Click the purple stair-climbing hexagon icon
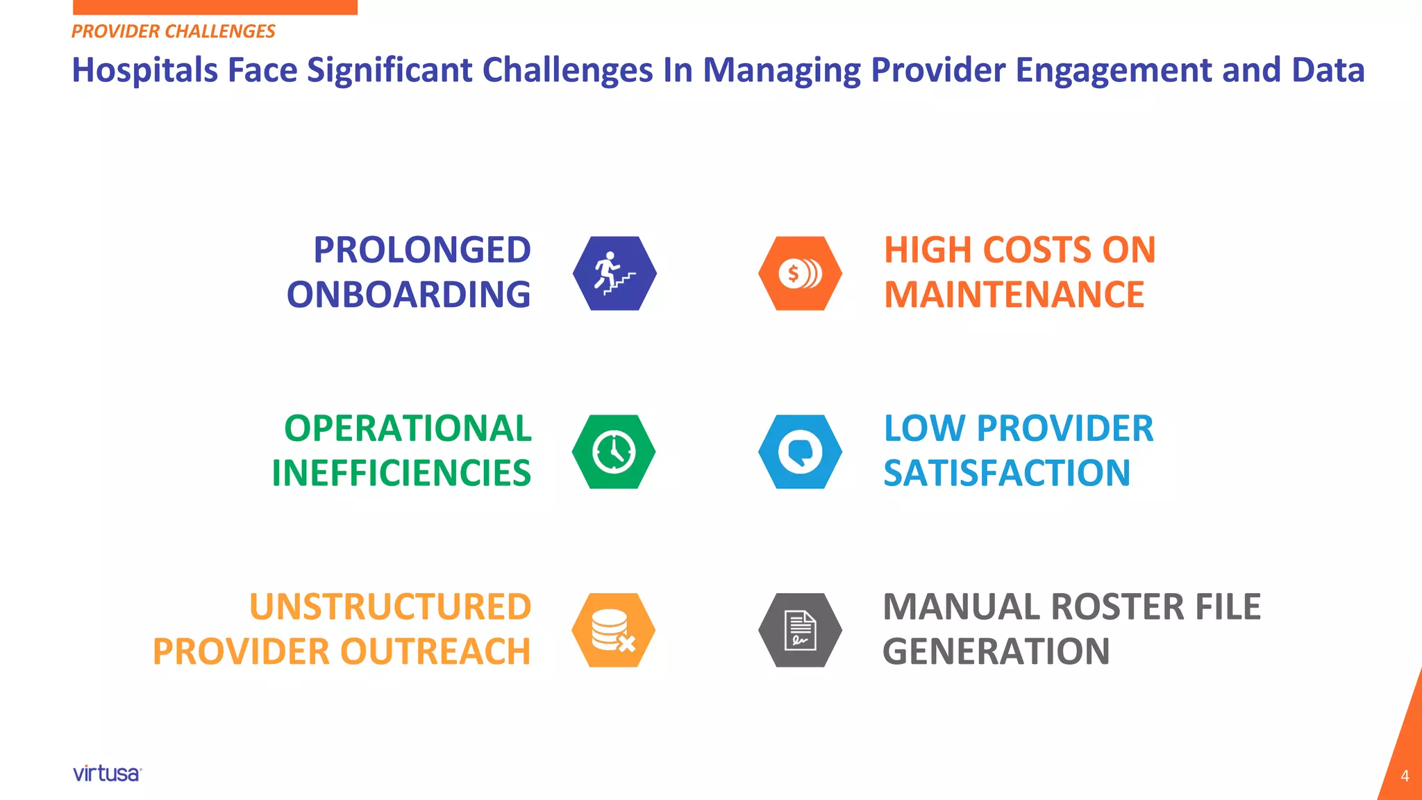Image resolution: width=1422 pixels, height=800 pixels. click(x=614, y=273)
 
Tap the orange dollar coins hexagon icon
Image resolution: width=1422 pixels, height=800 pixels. click(x=800, y=273)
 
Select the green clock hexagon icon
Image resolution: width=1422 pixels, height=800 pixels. click(x=614, y=451)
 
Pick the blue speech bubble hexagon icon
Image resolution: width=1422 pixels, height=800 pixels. click(x=800, y=451)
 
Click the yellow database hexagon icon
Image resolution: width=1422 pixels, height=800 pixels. click(x=614, y=630)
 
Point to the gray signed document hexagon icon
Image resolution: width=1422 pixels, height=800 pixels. click(x=800, y=630)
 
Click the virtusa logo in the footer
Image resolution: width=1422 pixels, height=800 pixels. click(x=107, y=774)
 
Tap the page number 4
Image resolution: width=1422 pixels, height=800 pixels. click(x=1405, y=776)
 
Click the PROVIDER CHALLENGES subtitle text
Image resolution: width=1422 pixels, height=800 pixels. click(x=174, y=31)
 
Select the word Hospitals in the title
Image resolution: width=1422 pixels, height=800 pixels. click(x=144, y=70)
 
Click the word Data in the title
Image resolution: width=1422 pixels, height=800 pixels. click(x=1328, y=70)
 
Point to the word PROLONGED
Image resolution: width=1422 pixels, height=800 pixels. click(x=421, y=250)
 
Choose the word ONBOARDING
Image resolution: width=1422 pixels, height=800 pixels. click(x=408, y=294)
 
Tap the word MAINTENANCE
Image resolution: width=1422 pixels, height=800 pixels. click(x=1014, y=294)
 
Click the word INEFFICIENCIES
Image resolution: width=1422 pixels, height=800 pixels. click(x=401, y=473)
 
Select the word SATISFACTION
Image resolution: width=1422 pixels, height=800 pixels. click(x=1007, y=473)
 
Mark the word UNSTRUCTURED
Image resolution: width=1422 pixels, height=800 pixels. click(x=390, y=606)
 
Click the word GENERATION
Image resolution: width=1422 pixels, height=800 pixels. click(x=996, y=651)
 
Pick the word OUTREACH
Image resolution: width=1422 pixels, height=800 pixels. click(x=435, y=651)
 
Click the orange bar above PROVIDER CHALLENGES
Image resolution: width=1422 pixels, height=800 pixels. click(x=215, y=7)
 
